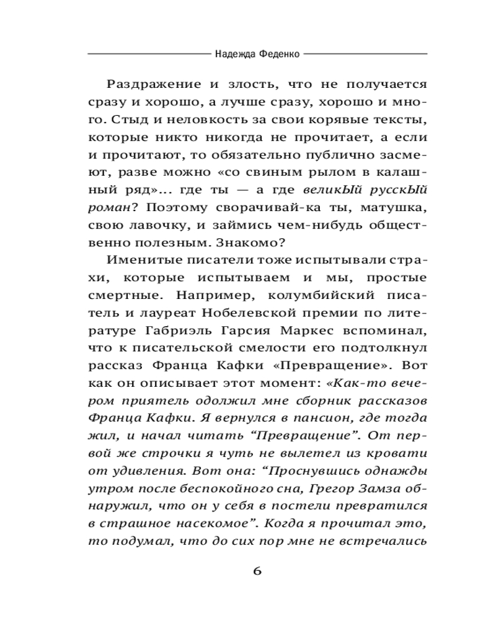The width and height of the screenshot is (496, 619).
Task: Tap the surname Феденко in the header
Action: pos(278,54)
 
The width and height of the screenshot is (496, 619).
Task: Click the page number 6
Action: pos(257,571)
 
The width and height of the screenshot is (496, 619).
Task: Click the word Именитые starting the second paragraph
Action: pos(135,256)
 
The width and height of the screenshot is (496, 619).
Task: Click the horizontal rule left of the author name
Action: pos(149,54)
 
